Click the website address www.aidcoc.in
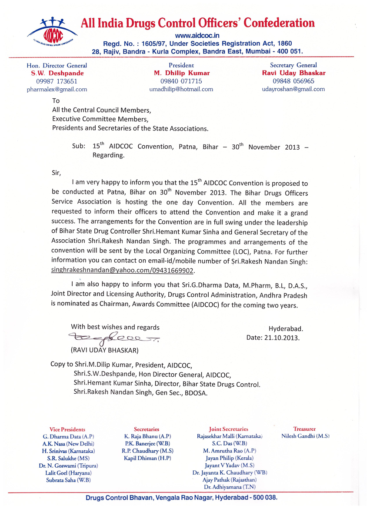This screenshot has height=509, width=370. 197,35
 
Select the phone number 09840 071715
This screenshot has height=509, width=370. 178,81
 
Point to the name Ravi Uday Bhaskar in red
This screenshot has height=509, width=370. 293,73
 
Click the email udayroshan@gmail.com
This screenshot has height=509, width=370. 293,89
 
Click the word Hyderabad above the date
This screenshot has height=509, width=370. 286,328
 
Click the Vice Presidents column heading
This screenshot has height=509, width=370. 67,429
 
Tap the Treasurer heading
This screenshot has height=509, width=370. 304,429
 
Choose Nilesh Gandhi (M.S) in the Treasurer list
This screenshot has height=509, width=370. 306,436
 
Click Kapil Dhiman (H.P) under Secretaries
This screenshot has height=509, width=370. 147,459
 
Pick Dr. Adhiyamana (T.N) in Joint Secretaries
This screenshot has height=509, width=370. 224,487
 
